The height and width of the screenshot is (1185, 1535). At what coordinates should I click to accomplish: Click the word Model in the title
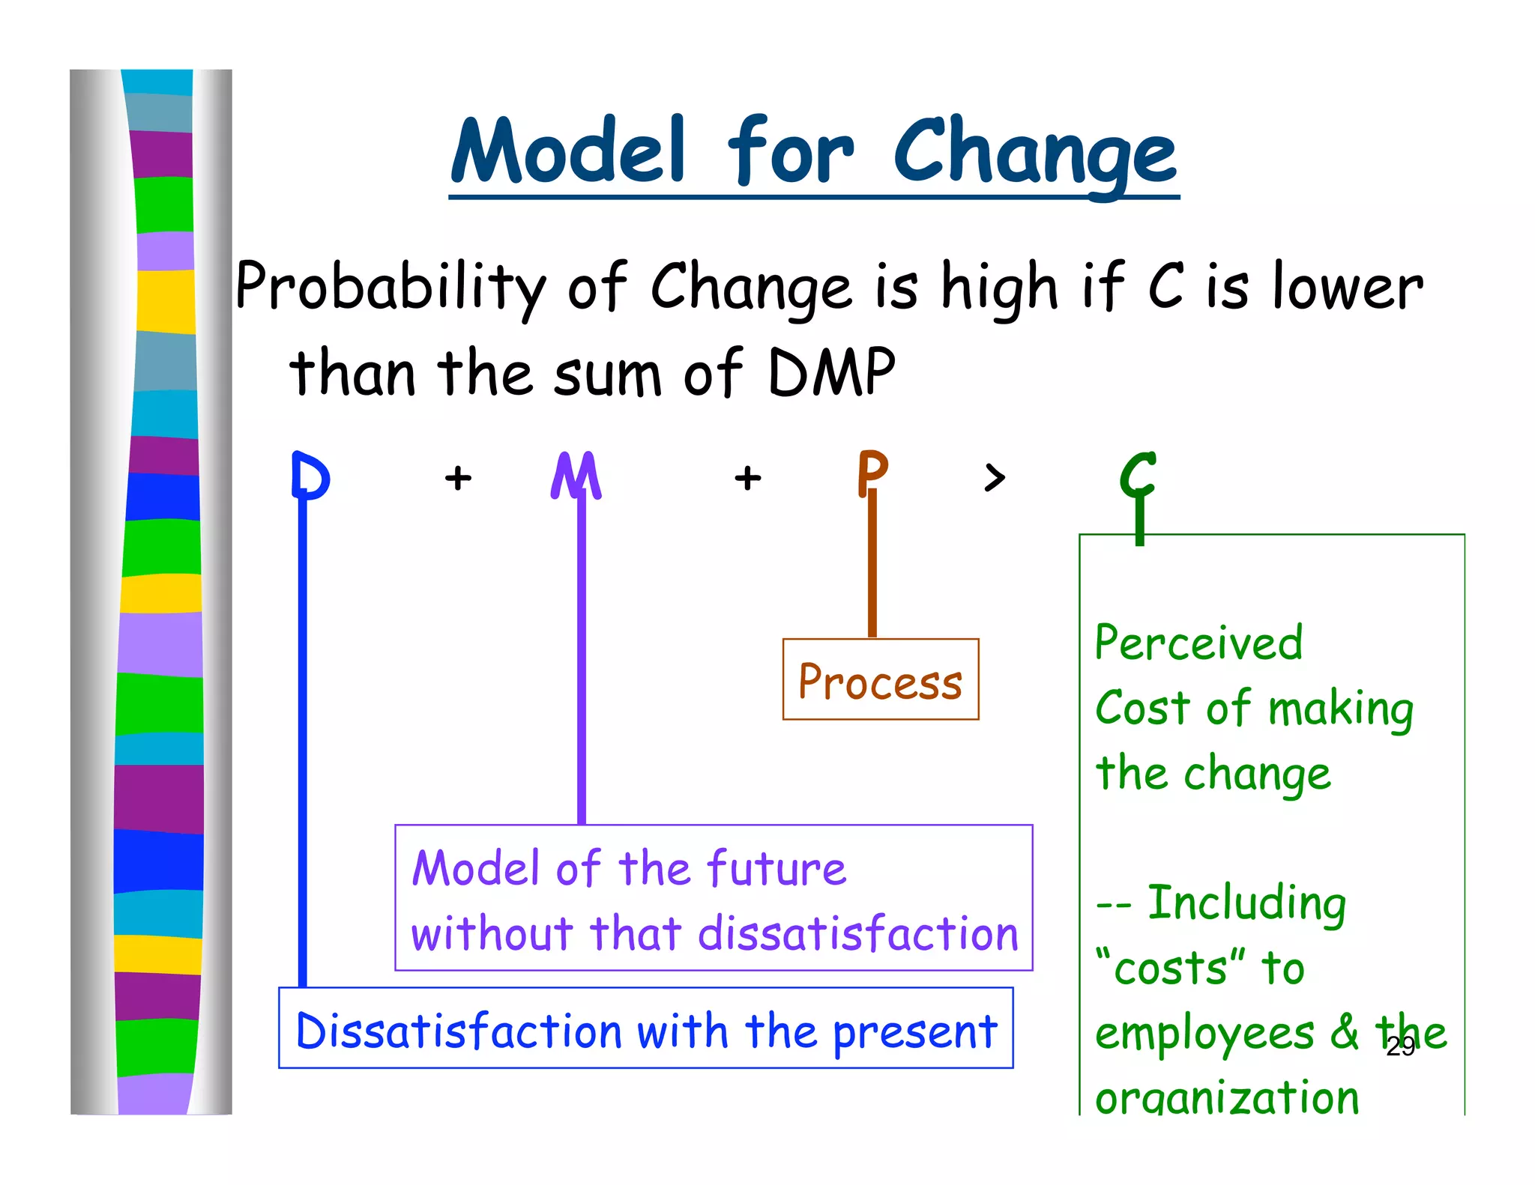point(567,152)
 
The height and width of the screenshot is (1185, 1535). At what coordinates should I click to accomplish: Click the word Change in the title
point(1034,152)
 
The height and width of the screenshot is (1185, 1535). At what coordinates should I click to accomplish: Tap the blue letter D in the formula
point(310,476)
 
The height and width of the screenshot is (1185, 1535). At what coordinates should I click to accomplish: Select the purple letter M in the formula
point(576,476)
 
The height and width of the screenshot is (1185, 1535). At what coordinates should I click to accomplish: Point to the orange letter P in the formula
point(872,472)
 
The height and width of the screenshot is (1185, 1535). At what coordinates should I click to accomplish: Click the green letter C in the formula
point(1138,476)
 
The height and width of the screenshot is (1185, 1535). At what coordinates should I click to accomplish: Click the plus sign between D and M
point(458,477)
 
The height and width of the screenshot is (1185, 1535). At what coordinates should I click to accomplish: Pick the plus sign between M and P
point(747,477)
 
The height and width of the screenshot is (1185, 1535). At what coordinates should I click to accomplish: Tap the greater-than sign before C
point(994,477)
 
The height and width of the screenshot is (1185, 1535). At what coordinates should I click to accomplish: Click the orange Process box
point(880,679)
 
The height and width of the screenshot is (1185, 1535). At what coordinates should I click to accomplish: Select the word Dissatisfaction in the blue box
point(459,1031)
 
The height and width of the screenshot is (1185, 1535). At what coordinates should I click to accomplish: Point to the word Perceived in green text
point(1198,643)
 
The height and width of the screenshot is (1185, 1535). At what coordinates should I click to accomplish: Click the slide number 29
point(1400,1047)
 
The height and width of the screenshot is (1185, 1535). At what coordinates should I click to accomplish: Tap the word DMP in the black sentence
point(832,372)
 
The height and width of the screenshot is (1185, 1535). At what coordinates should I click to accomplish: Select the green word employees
point(1204,1034)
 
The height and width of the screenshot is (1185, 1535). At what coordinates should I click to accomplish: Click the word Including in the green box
point(1246,903)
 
